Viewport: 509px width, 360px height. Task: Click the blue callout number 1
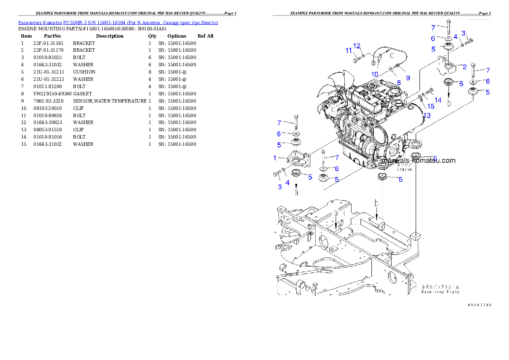(275, 158)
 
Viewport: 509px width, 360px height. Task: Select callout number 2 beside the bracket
(464, 67)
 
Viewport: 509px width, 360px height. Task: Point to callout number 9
(408, 78)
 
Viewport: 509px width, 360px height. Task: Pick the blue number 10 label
(375, 74)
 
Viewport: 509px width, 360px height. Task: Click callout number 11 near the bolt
(349, 51)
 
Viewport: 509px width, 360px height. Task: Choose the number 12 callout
(357, 46)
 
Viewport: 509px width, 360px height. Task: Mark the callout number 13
(426, 115)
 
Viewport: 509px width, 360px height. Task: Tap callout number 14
(438, 100)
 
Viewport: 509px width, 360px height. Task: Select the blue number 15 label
(430, 106)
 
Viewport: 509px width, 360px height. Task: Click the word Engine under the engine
(404, 169)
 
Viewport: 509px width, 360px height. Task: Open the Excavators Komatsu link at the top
(118, 23)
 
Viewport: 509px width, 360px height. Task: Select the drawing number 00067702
(479, 305)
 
